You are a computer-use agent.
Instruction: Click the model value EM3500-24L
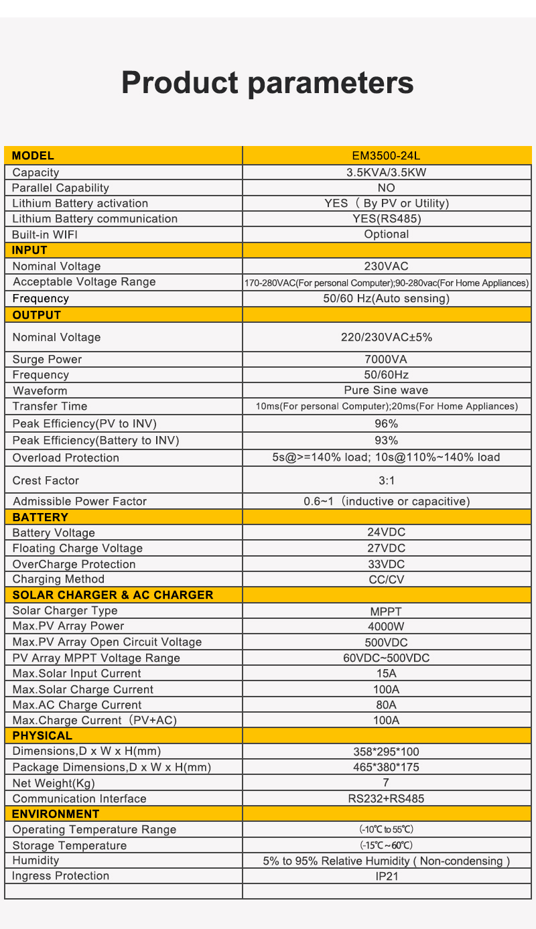point(386,156)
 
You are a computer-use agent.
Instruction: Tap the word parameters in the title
point(330,83)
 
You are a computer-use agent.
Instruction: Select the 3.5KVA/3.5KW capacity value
point(386,172)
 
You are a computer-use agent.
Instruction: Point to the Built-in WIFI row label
point(50,234)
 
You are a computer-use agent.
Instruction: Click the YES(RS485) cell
point(387,218)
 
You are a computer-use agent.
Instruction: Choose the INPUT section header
point(30,251)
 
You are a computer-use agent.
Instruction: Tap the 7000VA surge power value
point(386,359)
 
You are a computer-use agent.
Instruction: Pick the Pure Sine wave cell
point(386,390)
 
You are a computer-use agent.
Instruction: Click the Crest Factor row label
point(46,480)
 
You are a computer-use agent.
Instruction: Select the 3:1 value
point(387,480)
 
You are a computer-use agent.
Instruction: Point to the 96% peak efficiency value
point(387,423)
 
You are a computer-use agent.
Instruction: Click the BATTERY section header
point(40,517)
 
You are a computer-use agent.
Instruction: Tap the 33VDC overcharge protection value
point(387,564)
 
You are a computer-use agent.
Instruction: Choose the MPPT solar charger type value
point(386,611)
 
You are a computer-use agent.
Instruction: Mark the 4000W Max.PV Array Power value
point(386,626)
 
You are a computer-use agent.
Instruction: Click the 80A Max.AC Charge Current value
point(386,705)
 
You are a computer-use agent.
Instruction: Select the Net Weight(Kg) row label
point(54,783)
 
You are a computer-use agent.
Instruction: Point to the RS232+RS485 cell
point(386,798)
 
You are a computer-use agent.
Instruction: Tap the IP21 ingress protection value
point(387,876)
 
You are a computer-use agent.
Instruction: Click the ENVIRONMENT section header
point(56,814)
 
